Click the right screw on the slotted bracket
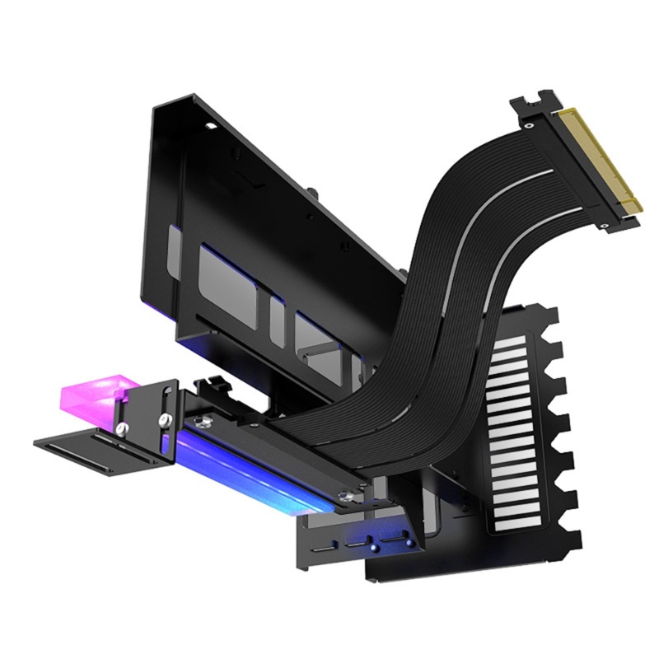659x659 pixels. click(x=166, y=420)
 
